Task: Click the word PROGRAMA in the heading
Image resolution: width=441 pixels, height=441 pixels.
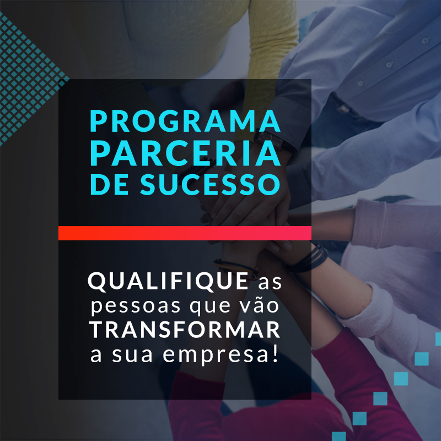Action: point(185,121)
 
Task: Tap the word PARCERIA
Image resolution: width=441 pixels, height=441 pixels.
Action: point(185,153)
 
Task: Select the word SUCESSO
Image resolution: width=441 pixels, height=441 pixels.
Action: point(210,184)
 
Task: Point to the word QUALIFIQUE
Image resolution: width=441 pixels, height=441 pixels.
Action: point(168,281)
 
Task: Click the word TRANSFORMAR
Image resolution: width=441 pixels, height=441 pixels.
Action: point(185,330)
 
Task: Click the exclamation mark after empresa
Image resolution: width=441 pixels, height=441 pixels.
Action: point(276,353)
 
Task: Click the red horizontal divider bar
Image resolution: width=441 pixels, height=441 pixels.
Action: point(185,233)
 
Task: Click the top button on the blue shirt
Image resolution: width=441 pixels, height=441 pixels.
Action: point(425,40)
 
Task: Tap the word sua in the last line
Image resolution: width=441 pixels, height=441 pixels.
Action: point(132,355)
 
